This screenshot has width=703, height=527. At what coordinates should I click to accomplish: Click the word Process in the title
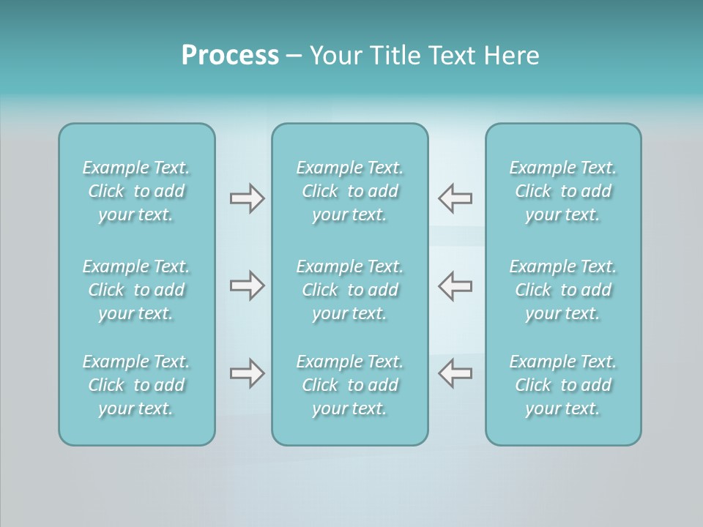click(x=230, y=56)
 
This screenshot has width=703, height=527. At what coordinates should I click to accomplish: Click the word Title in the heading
click(x=395, y=56)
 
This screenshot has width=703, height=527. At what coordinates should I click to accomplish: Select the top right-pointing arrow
click(x=247, y=198)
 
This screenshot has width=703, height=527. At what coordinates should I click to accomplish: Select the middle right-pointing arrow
click(x=247, y=285)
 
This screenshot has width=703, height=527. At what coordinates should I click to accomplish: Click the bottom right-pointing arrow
click(x=247, y=373)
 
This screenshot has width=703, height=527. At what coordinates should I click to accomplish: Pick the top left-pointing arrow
click(x=455, y=198)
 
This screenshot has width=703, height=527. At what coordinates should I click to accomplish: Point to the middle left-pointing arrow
click(x=455, y=285)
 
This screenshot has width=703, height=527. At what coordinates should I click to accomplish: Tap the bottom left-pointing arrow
click(x=455, y=373)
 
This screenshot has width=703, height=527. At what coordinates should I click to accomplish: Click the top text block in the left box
click(x=136, y=191)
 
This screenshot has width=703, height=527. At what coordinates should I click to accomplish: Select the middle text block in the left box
click(x=136, y=290)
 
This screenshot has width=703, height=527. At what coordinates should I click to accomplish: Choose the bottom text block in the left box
click(x=136, y=385)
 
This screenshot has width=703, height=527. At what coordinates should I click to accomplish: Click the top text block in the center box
click(x=350, y=191)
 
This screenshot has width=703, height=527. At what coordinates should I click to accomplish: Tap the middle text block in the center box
click(x=350, y=290)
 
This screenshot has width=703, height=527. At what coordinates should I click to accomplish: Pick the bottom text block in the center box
click(x=350, y=385)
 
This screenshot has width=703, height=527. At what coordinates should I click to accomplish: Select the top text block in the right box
click(x=563, y=191)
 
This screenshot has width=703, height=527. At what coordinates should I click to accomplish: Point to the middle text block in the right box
click(x=563, y=290)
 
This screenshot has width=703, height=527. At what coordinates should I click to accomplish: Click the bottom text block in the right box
click(x=563, y=385)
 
